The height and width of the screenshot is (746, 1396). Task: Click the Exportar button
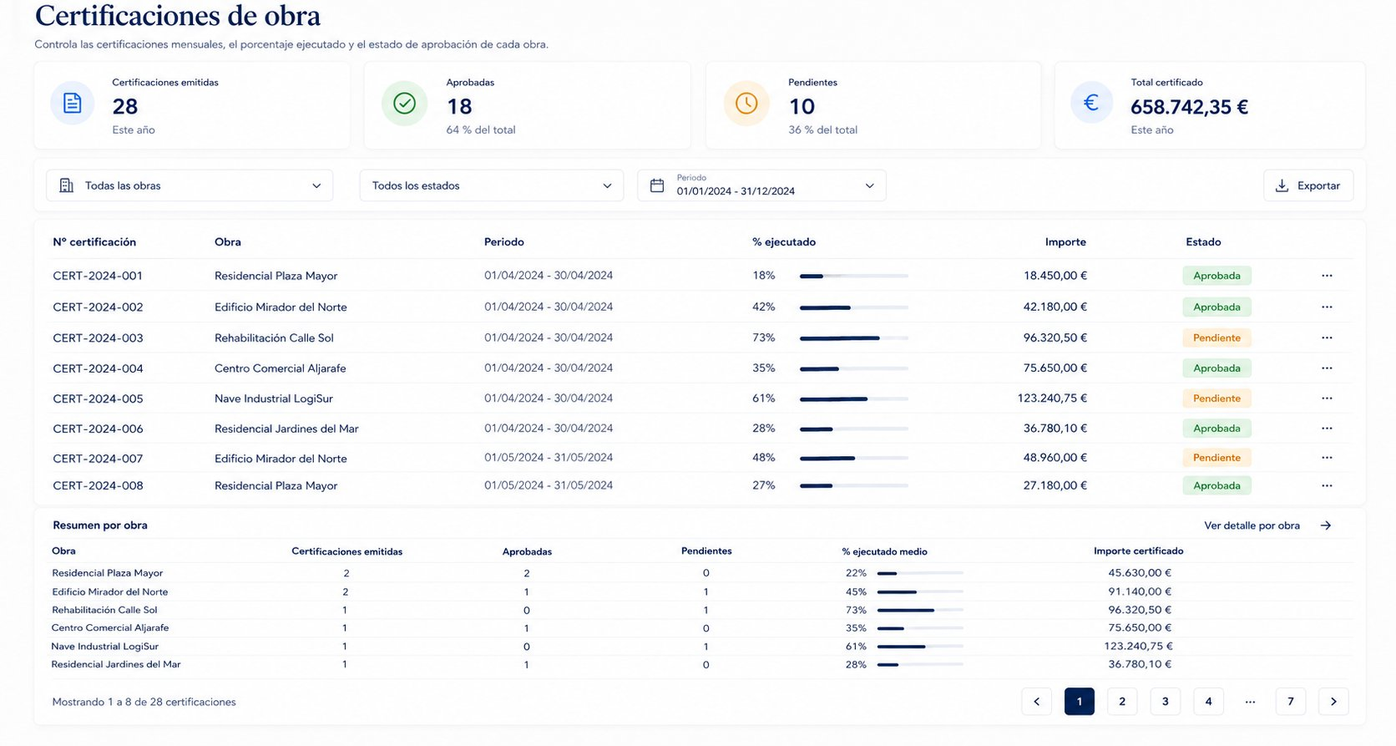tap(1308, 185)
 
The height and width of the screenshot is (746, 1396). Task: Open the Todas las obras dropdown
tap(190, 185)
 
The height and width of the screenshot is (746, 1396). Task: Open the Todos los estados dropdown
tap(491, 185)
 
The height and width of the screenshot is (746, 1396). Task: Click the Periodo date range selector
tap(761, 185)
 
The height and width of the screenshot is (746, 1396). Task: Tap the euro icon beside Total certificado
tap(1091, 102)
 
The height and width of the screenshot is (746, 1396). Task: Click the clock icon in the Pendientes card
tap(746, 103)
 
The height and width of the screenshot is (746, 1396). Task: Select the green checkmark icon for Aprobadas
tap(404, 103)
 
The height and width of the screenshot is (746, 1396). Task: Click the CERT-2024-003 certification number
tap(98, 337)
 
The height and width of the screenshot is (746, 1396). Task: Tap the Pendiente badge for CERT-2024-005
tap(1216, 398)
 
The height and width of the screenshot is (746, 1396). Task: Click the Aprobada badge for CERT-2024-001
tap(1216, 275)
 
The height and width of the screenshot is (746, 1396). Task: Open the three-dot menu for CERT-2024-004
tap(1327, 368)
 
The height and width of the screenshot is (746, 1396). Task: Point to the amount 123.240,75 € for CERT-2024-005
tap(1052, 398)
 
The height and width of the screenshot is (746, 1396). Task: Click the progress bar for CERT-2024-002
tap(854, 307)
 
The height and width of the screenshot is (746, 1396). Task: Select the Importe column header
tap(1065, 241)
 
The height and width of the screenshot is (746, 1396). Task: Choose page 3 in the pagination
tap(1165, 701)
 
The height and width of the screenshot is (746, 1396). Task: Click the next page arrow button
tap(1333, 701)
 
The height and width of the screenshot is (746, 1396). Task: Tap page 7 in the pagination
tap(1290, 701)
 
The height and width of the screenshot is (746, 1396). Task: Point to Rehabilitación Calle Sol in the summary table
tap(104, 609)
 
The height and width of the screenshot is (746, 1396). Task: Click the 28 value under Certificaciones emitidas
tap(124, 106)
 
